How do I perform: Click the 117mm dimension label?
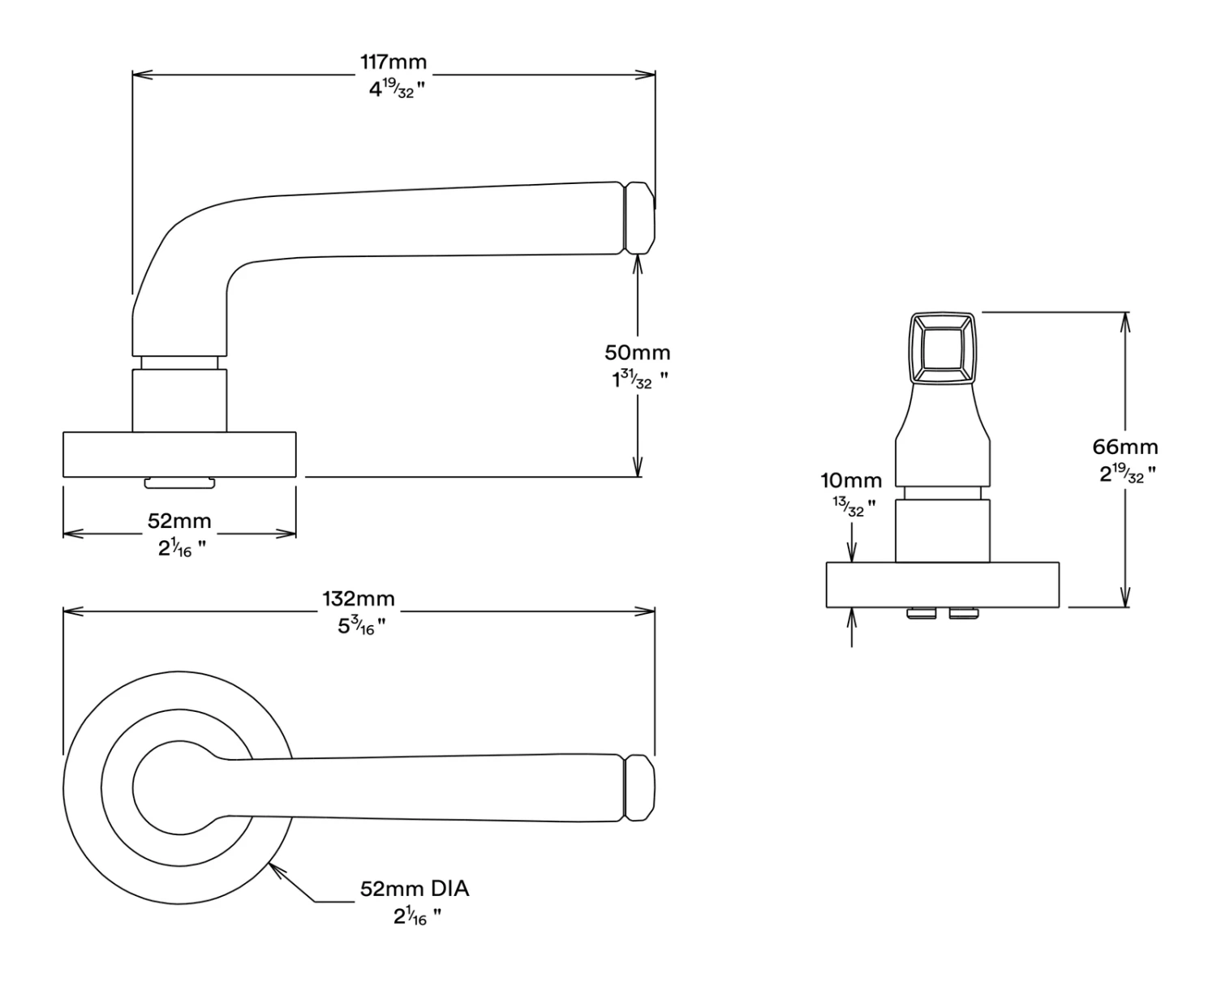coord(393,62)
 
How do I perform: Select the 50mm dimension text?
coord(638,353)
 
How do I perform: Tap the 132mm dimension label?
coord(359,599)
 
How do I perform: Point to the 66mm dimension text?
coord(1125,447)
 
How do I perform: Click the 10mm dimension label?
coord(850,481)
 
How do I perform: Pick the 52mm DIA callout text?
coord(415,889)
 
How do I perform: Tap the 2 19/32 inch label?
coord(1127,474)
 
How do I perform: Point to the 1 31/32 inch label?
coord(639,380)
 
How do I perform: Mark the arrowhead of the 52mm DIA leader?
coord(274,868)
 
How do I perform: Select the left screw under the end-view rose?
coord(921,613)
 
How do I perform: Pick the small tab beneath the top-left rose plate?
coord(179,483)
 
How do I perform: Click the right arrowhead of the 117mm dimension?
coord(650,75)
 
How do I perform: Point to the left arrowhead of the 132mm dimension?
coord(69,611)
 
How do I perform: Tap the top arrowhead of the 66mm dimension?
coord(1125,318)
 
